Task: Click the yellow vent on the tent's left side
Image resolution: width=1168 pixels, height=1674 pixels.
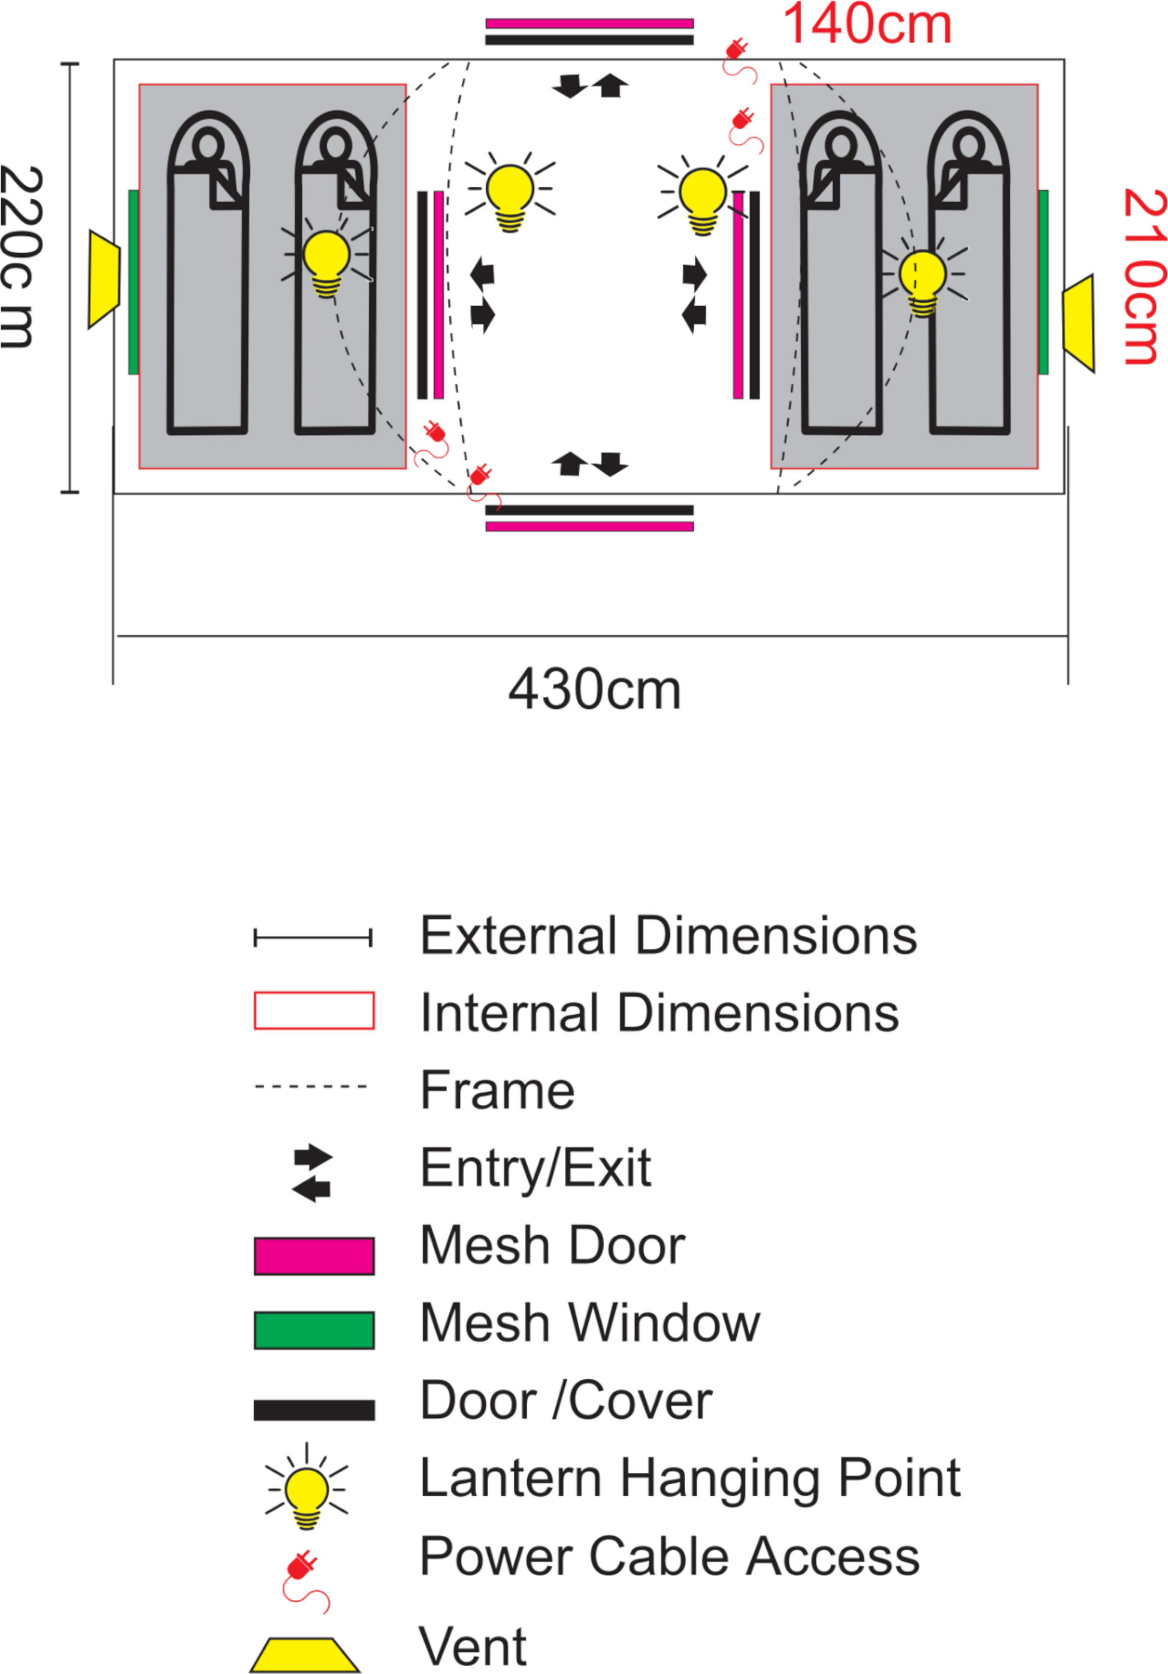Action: pyautogui.click(x=104, y=278)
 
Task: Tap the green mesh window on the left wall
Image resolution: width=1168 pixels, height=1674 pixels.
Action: pyautogui.click(x=134, y=282)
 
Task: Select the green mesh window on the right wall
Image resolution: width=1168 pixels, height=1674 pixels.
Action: pyautogui.click(x=1043, y=282)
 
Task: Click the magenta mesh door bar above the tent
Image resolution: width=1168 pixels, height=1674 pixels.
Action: pyautogui.click(x=589, y=23)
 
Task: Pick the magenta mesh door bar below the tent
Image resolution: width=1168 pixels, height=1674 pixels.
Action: pyautogui.click(x=589, y=526)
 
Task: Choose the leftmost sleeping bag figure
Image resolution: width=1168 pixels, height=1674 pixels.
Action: pyautogui.click(x=208, y=277)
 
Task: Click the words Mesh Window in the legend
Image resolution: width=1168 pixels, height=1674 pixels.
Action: pyautogui.click(x=589, y=1323)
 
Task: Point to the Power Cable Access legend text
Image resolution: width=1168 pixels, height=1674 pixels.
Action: pyautogui.click(x=669, y=1557)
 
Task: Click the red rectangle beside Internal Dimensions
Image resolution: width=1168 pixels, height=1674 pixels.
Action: pyautogui.click(x=314, y=1011)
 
